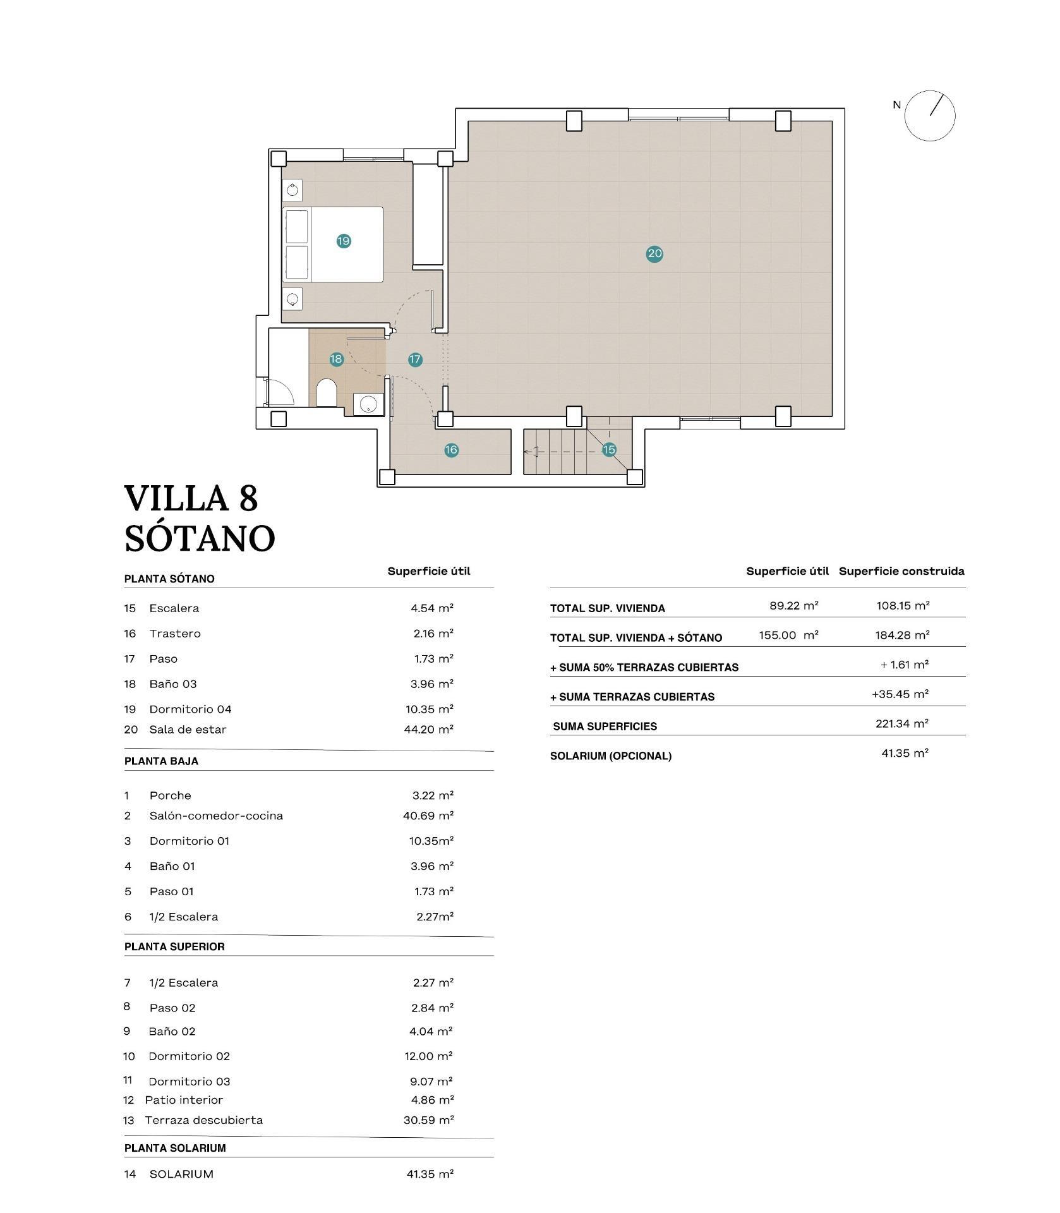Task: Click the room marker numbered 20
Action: [654, 254]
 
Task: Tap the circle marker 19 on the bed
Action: [344, 241]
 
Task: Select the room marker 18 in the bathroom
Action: [336, 359]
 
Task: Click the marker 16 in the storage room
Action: [451, 450]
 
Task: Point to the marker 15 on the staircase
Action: [608, 450]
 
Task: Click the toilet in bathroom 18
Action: [326, 394]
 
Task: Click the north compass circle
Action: [929, 115]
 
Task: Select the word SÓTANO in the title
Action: [200, 538]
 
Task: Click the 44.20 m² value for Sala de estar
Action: [428, 729]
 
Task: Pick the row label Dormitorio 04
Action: [190, 709]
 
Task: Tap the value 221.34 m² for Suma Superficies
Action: [901, 723]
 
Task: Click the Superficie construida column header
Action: [901, 571]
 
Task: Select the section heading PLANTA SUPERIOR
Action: [174, 946]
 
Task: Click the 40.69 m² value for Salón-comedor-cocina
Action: [428, 816]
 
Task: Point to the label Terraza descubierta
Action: [203, 1120]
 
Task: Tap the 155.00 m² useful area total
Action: [788, 635]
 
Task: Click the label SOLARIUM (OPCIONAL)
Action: [610, 756]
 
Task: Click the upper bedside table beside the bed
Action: [292, 190]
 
